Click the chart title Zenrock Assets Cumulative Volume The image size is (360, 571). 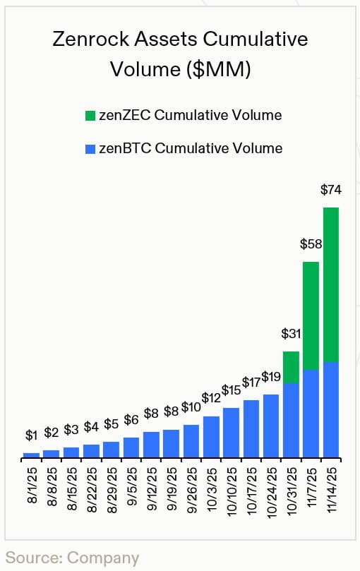pyautogui.click(x=180, y=54)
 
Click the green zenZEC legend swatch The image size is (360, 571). pyautogui.click(x=89, y=116)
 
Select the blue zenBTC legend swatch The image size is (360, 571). pyautogui.click(x=89, y=149)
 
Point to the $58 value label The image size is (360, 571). pyautogui.click(x=311, y=244)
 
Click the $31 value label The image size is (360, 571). pyautogui.click(x=291, y=333)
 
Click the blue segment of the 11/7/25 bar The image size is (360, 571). pyautogui.click(x=311, y=414)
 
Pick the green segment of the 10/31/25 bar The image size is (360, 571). pyautogui.click(x=291, y=367)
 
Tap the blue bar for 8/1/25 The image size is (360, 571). pyautogui.click(x=31, y=455)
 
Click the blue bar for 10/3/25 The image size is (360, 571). pyautogui.click(x=211, y=437)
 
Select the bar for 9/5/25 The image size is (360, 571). pyautogui.click(x=131, y=447)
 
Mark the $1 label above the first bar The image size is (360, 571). pyautogui.click(x=31, y=435)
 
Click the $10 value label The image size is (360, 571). pyautogui.click(x=191, y=407)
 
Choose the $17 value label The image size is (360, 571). pyautogui.click(x=251, y=383)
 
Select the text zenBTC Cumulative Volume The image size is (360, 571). pyautogui.click(x=191, y=149)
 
